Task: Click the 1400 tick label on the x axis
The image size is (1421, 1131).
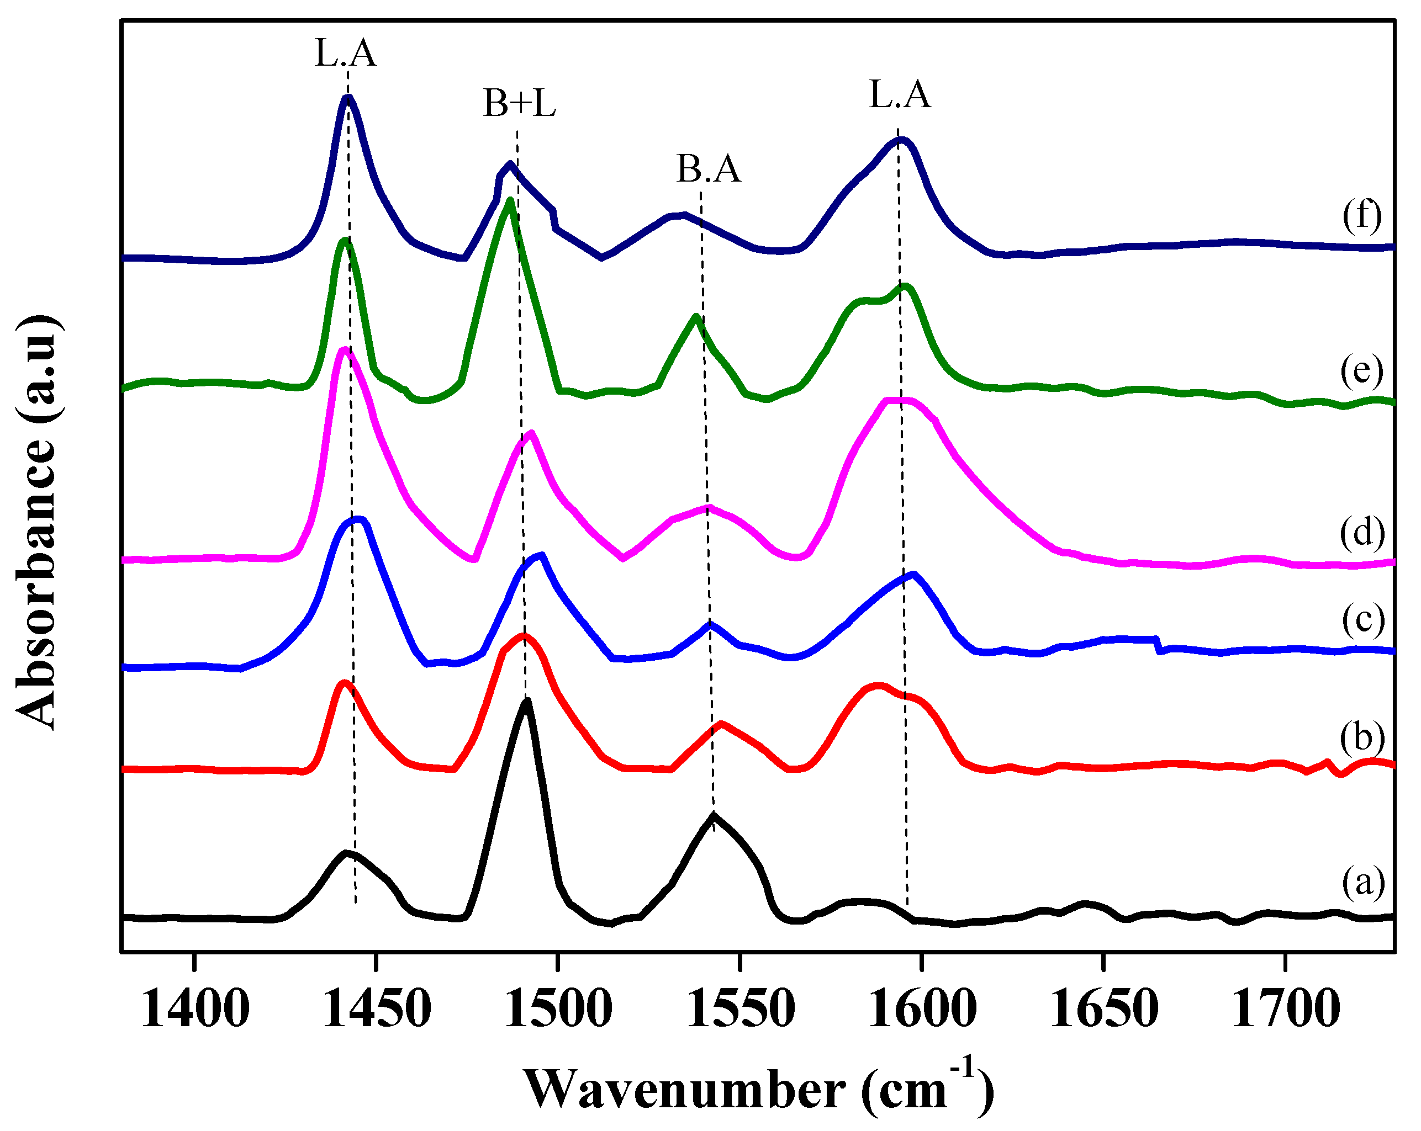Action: click(194, 1009)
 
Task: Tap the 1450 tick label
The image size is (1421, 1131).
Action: click(376, 1009)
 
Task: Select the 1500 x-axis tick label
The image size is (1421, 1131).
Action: click(558, 1009)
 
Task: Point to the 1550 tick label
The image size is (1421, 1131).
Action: click(741, 1009)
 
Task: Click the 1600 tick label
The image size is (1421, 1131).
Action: click(922, 1009)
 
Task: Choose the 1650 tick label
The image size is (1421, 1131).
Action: click(1103, 1009)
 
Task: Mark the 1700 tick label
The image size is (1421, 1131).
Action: click(1285, 1009)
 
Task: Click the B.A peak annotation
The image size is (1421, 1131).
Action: click(709, 169)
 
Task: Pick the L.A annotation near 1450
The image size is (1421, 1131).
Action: click(345, 54)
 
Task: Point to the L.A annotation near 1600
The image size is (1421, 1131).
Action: click(900, 95)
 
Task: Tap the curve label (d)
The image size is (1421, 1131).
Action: click(1362, 532)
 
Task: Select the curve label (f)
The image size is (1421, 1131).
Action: click(1362, 215)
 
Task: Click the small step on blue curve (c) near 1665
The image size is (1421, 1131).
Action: click(1158, 645)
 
